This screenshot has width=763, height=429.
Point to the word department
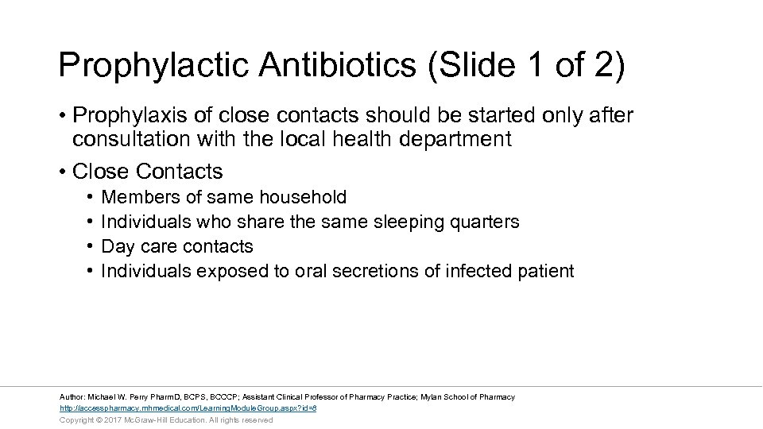464,140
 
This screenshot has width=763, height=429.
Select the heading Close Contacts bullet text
147,172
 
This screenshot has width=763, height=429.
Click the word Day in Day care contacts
118,246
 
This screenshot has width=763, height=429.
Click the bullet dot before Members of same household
91,197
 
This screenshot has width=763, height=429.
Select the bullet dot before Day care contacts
91,246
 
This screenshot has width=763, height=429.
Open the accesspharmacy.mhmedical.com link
188,408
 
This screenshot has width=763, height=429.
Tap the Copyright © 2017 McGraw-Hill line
165,419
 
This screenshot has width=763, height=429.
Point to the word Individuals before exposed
146,271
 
